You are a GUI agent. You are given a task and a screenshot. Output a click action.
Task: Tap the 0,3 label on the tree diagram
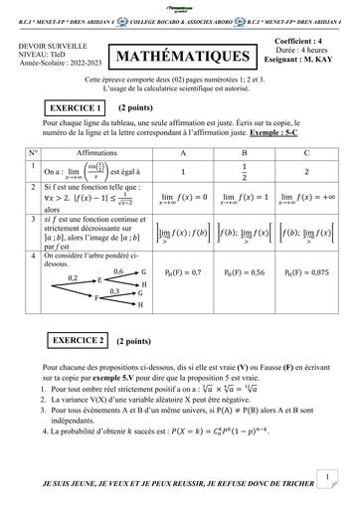coord(113,291)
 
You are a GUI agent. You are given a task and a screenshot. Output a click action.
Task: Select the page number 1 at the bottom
coord(327,477)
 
